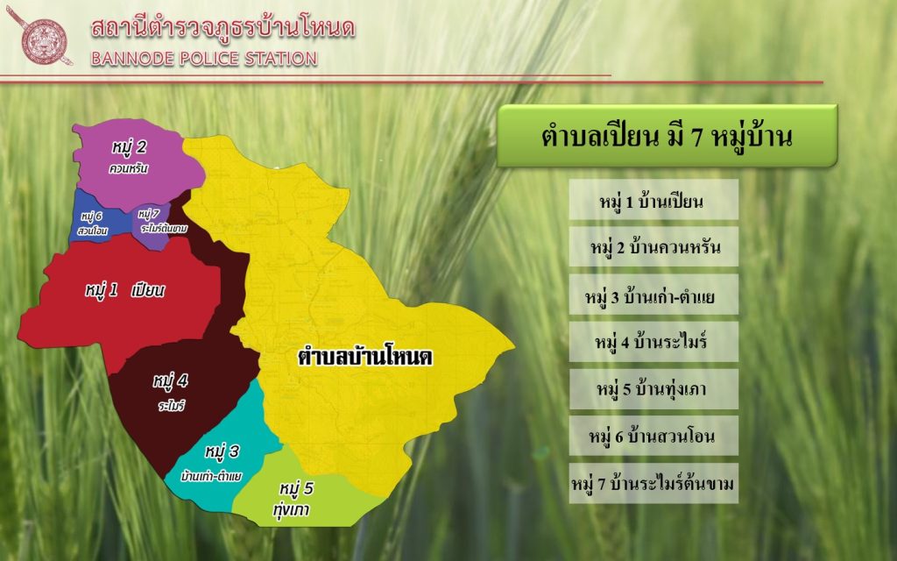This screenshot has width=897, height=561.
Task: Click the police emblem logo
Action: coord(40,36)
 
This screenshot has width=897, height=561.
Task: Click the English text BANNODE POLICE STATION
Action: coord(204,59)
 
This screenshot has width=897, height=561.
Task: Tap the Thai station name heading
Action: coord(222,27)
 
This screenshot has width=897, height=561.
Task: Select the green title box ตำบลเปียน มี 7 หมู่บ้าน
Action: coord(667,136)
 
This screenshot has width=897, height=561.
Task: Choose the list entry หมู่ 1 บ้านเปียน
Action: coord(653,200)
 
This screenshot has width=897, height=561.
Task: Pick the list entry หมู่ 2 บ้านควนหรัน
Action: coord(653,246)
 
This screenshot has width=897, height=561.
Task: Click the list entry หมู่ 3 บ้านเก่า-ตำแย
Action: coord(653,295)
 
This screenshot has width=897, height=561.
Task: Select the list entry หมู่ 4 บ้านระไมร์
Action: coord(653,342)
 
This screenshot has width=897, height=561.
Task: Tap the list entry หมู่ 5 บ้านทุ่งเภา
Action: coord(653,389)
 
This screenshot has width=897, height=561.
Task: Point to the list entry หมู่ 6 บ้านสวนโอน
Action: coord(653,437)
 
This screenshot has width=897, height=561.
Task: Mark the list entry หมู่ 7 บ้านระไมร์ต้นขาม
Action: coord(653,484)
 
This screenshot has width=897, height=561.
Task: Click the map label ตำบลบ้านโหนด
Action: coord(365,357)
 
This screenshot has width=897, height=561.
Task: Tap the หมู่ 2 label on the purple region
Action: coord(129,147)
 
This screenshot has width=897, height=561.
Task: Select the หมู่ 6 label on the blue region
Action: coord(91,216)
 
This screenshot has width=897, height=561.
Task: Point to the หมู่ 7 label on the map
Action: coord(149,214)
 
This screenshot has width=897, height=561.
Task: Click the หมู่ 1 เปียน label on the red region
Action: coord(124,290)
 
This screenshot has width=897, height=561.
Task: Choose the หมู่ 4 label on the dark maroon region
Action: coord(171,380)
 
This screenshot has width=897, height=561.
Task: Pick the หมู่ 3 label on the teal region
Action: coord(222,451)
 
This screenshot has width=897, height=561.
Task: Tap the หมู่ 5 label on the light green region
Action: coord(296,488)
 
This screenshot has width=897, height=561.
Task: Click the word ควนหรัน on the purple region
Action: coord(128,168)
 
